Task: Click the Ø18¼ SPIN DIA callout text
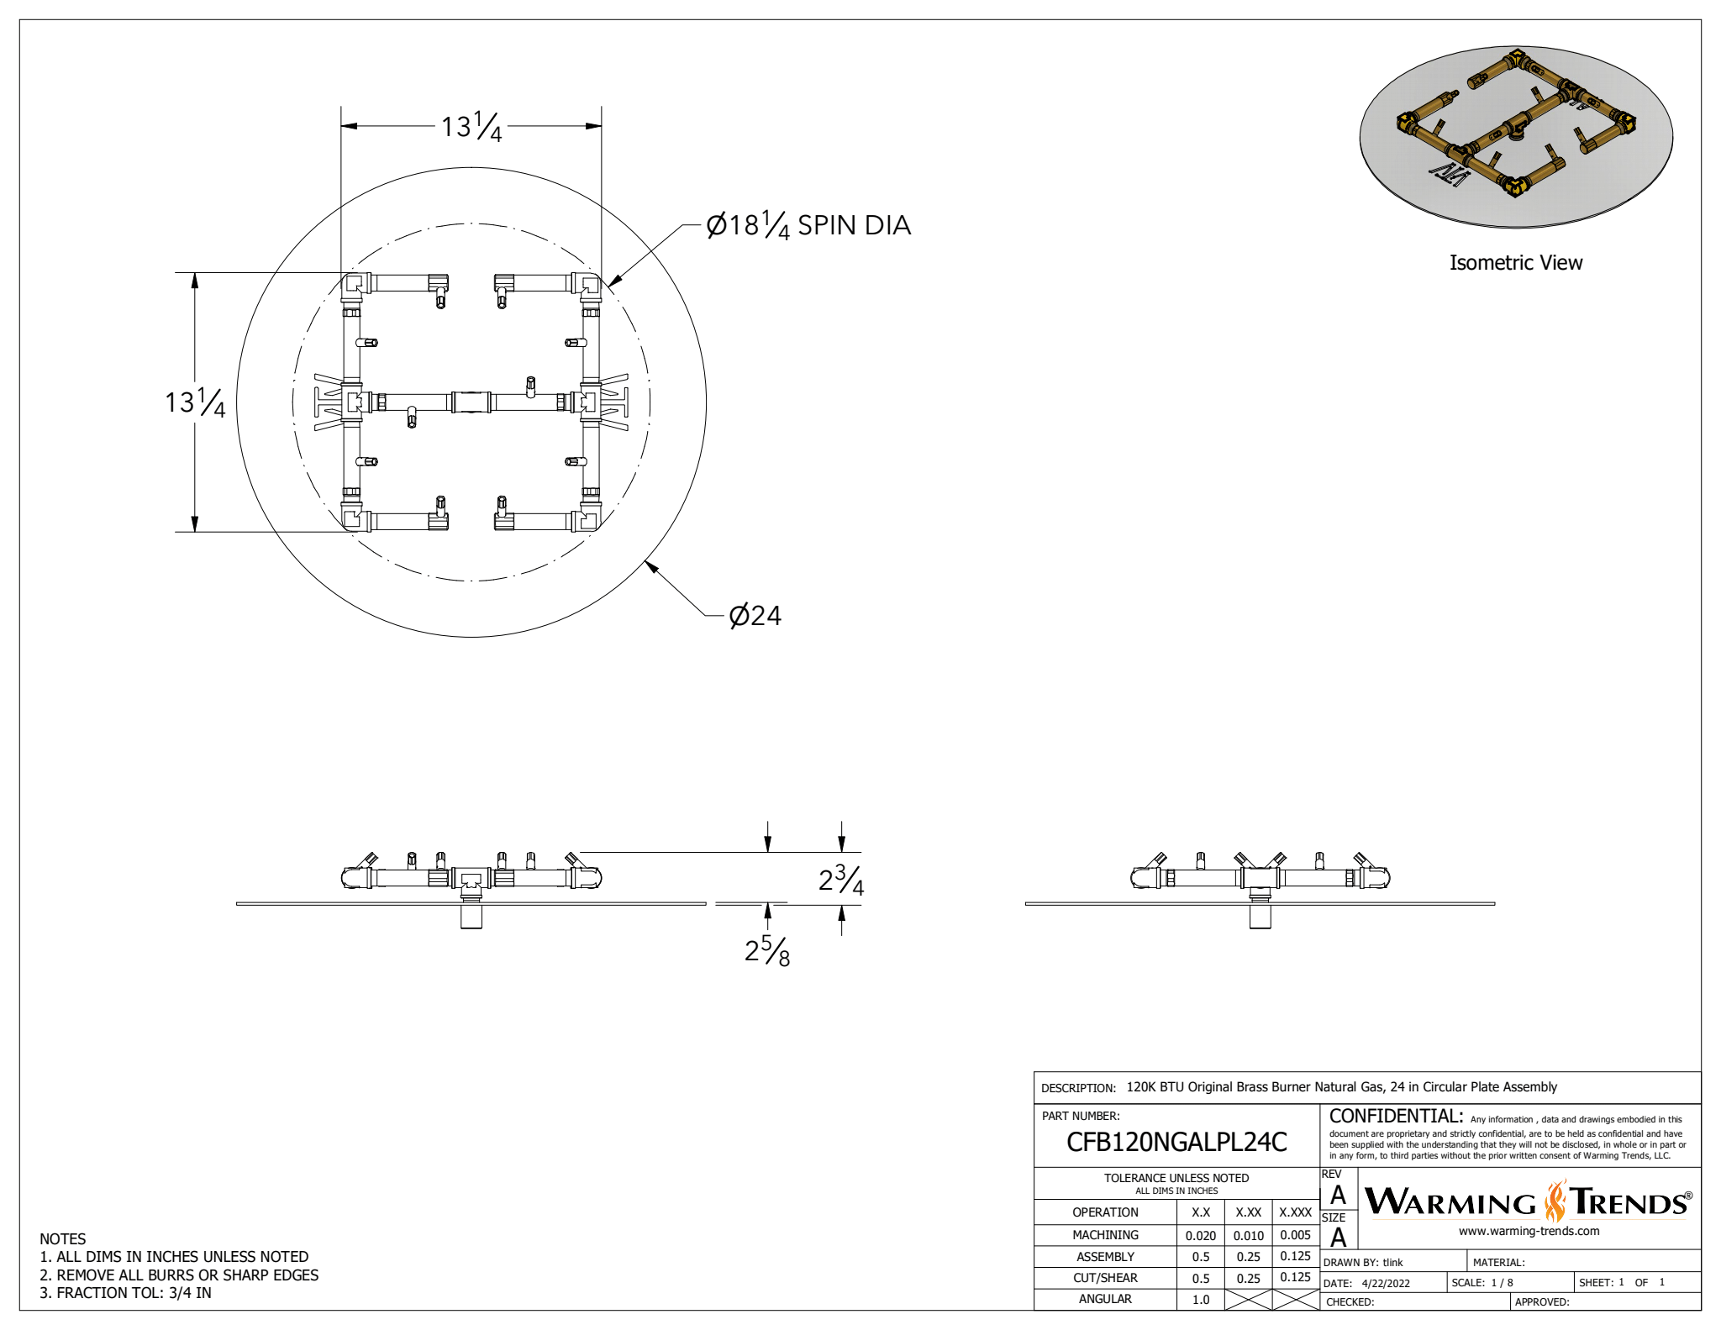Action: (x=808, y=225)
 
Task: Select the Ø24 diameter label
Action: (x=755, y=616)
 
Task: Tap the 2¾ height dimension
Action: (x=841, y=880)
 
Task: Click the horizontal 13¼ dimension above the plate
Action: (x=471, y=127)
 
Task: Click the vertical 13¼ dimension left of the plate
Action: (x=195, y=402)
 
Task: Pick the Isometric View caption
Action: (x=1515, y=263)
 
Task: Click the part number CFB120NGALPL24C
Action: (x=1176, y=1142)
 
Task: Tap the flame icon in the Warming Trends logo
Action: (x=1555, y=1201)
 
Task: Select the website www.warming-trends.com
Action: (x=1529, y=1231)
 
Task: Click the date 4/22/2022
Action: (x=1386, y=1283)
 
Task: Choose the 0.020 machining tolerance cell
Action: (x=1200, y=1235)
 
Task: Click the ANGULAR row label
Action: (x=1105, y=1299)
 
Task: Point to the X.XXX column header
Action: (x=1295, y=1212)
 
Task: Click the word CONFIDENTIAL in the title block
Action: (x=1395, y=1117)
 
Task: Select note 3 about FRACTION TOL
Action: (x=126, y=1293)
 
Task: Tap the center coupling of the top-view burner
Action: (x=471, y=402)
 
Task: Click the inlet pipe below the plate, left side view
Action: (x=471, y=916)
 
